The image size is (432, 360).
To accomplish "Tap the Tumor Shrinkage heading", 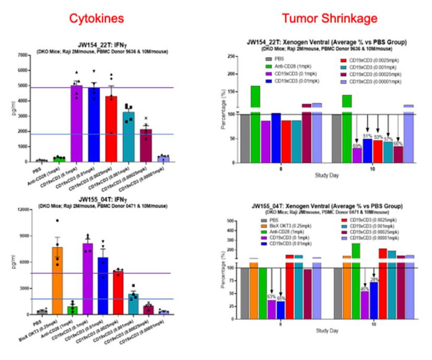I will click(322, 19).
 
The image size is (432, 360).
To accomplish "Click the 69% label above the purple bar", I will click(357, 146).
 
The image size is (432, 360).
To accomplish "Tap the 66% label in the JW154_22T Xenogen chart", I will click(399, 143).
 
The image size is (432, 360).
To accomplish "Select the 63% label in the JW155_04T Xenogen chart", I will click(271, 296).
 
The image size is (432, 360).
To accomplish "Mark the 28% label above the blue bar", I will click(374, 280).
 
